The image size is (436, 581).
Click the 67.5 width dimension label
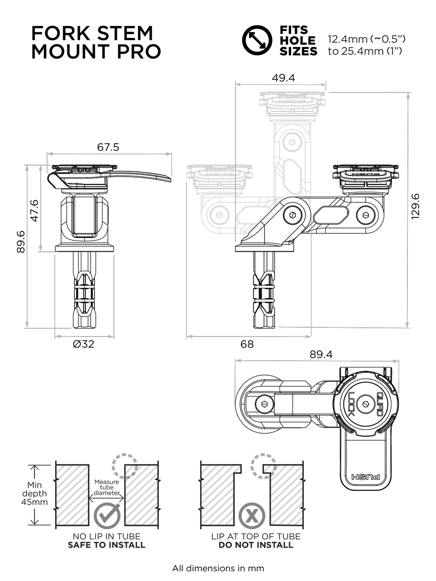click(108, 147)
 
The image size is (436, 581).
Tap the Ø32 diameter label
click(83, 344)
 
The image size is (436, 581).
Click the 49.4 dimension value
click(283, 78)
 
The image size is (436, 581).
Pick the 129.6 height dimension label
click(415, 206)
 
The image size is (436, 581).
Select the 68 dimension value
click(247, 344)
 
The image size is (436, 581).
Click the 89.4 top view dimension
click(321, 354)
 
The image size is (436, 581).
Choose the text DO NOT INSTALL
click(255, 545)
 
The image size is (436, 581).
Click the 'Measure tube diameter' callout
click(107, 487)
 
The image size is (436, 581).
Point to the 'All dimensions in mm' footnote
click(218, 568)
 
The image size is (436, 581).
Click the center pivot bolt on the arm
click(293, 214)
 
